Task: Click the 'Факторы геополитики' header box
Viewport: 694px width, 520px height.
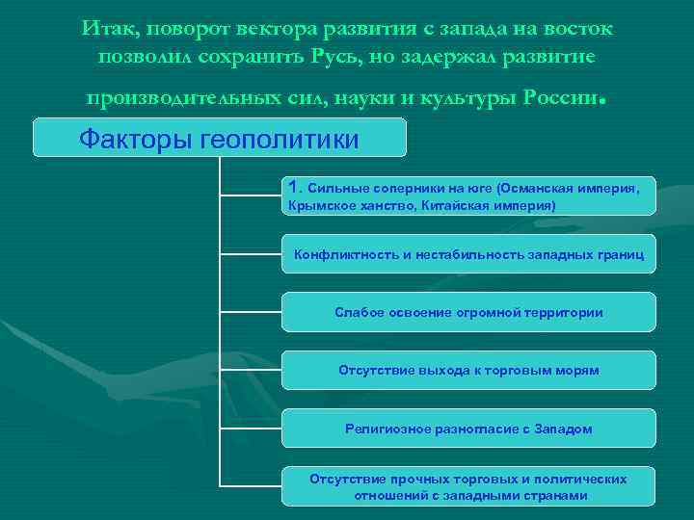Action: point(219,138)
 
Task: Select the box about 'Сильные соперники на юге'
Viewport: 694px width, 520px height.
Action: point(469,195)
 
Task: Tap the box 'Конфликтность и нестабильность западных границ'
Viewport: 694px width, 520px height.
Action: point(469,254)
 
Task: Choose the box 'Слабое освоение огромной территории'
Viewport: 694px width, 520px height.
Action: point(469,312)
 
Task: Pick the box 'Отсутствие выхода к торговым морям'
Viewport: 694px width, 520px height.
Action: point(469,370)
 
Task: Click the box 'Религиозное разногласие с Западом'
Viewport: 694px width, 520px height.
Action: point(469,429)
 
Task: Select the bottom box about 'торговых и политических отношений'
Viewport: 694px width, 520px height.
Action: point(469,486)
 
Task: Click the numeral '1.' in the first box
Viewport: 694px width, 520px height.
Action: point(295,185)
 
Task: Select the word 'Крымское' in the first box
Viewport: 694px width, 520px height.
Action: point(316,206)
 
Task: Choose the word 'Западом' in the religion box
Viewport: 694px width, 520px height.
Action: point(562,429)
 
